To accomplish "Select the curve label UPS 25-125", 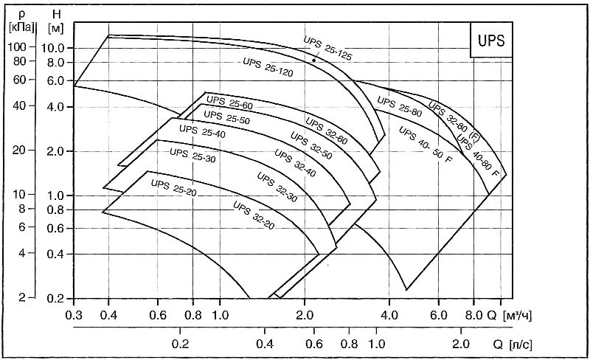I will [x=329, y=47].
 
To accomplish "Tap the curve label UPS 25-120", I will [x=268, y=66].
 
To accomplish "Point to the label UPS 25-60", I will [x=229, y=104].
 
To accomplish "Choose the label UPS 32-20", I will [x=254, y=215].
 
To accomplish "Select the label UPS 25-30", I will [x=192, y=153].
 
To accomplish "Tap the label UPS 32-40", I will [x=294, y=162].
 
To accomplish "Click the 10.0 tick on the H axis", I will [x=58, y=48].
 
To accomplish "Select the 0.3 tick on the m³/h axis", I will [x=74, y=314].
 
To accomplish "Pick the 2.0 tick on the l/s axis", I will [x=461, y=344].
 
